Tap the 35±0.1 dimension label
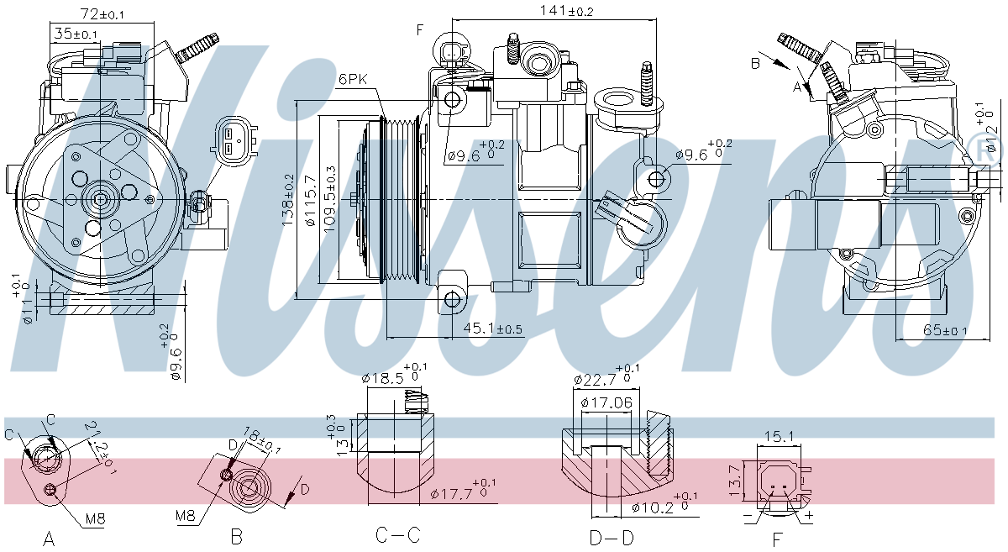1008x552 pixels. point(76,34)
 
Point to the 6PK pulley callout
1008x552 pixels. point(354,79)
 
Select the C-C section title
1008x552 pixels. point(397,535)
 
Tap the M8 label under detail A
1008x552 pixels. point(95,519)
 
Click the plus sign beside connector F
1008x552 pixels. point(810,514)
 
